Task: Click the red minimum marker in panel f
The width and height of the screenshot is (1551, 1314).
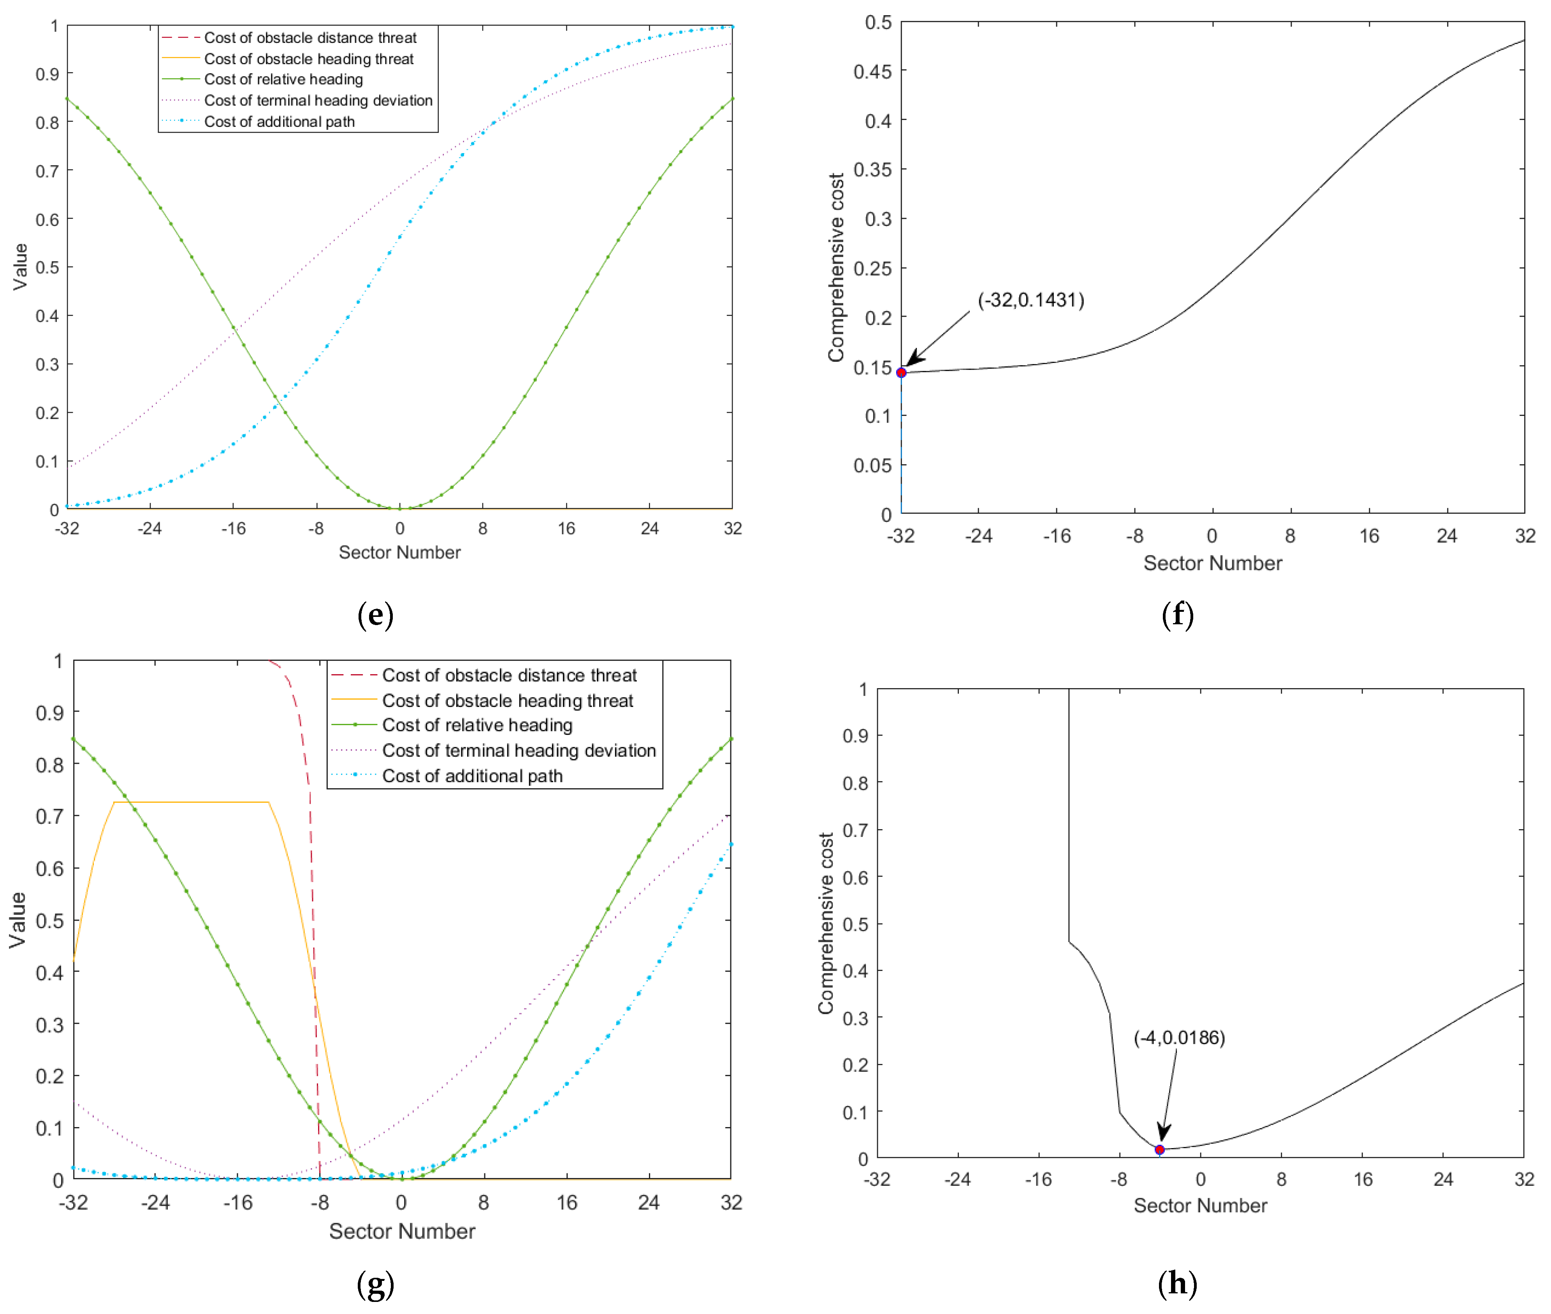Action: point(901,372)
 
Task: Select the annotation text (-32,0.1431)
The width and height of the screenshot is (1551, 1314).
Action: point(1030,300)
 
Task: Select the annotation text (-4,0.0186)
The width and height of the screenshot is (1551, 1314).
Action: point(1179,1037)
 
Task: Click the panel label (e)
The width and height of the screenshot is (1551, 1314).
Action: point(375,615)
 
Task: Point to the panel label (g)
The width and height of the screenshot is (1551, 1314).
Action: point(375,1284)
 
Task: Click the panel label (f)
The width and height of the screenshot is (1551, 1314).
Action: point(1177,615)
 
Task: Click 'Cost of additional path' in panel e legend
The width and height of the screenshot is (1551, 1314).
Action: point(279,122)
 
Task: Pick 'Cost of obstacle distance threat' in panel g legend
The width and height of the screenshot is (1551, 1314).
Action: point(509,676)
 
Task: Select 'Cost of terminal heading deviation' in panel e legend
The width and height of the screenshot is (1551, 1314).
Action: point(318,100)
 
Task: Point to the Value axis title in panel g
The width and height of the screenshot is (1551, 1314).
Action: point(18,920)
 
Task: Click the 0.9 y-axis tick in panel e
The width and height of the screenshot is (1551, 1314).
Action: point(47,74)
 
